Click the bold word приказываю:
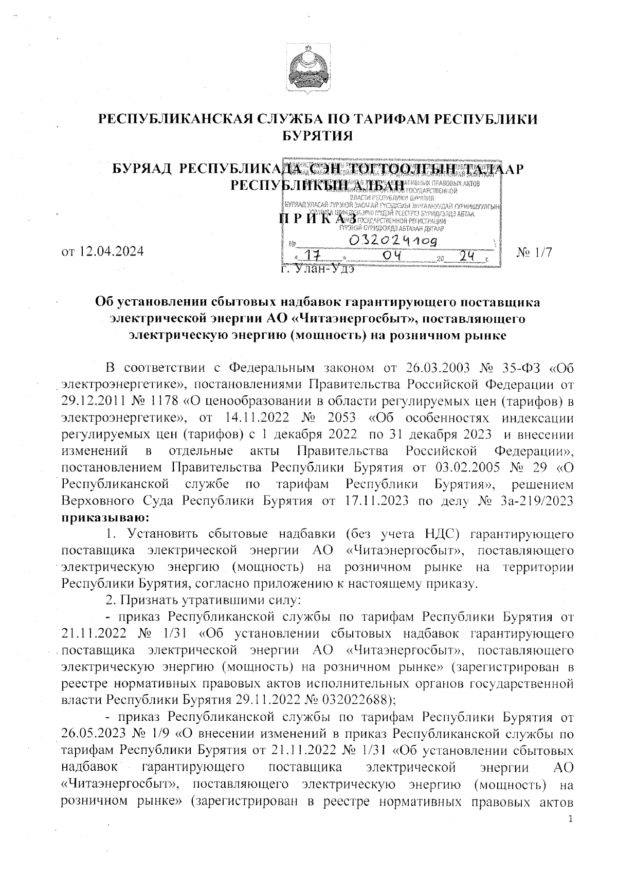(x=106, y=515)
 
